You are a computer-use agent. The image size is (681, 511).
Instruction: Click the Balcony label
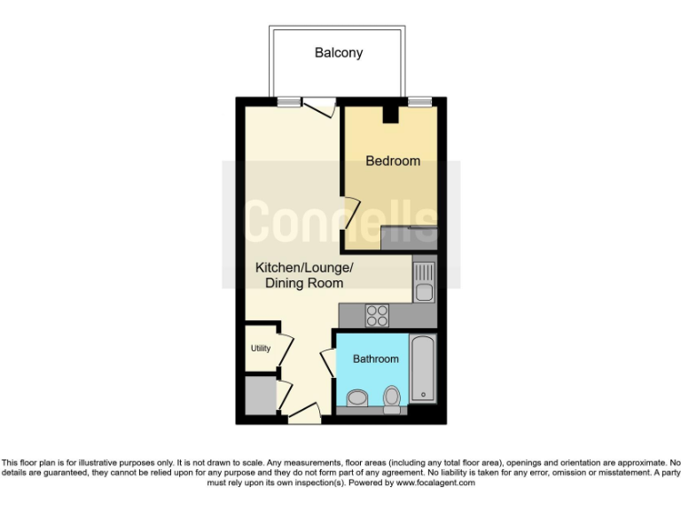(339, 53)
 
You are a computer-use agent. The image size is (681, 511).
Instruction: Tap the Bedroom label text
(393, 161)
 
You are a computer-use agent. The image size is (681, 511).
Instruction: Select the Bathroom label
(376, 359)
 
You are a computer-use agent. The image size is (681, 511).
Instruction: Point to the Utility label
(260, 349)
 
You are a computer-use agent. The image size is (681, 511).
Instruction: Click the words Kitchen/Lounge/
(304, 267)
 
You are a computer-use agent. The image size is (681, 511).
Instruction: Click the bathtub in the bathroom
(422, 368)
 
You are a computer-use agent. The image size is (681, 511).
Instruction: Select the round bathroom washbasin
(356, 397)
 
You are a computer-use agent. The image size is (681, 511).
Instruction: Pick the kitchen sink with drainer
(424, 279)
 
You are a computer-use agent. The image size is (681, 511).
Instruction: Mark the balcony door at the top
(319, 105)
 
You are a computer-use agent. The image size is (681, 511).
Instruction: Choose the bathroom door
(325, 365)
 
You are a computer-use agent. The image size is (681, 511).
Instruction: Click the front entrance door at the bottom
(304, 412)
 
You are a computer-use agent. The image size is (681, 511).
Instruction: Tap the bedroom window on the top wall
(419, 102)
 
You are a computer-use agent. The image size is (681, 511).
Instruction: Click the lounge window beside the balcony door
(287, 102)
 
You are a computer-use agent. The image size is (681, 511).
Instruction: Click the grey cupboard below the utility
(260, 395)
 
